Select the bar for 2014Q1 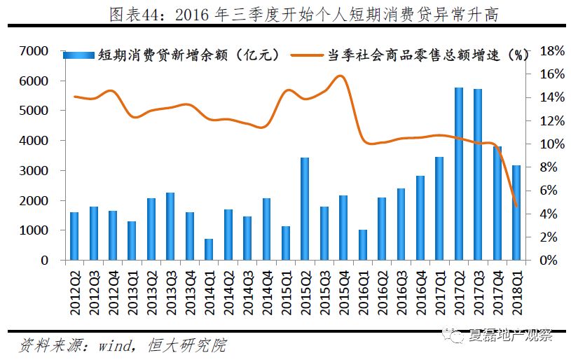pos(209,249)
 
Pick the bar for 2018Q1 pos(516,213)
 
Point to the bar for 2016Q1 pos(362,245)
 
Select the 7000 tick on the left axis pos(34,51)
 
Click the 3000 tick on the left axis pos(34,171)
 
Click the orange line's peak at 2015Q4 pos(340,76)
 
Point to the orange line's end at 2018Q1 pos(516,206)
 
